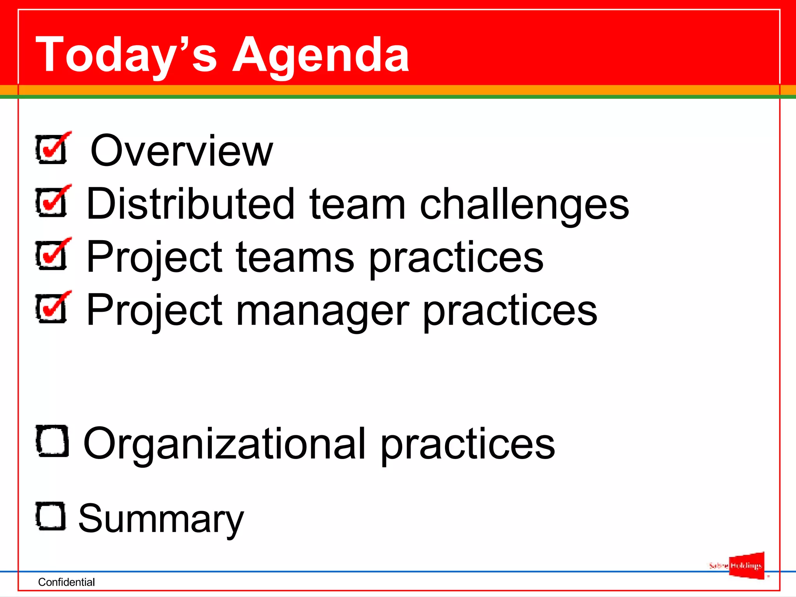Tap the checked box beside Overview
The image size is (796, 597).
(52, 149)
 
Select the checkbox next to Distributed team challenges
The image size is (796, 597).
(52, 202)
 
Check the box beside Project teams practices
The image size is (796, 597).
(52, 255)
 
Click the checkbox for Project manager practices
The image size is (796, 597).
(52, 308)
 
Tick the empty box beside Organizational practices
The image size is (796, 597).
(52, 441)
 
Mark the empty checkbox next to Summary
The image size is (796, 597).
(51, 516)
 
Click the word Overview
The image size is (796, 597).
(182, 150)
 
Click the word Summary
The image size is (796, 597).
(161, 519)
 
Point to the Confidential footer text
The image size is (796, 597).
(66, 582)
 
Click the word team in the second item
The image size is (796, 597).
(357, 204)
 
